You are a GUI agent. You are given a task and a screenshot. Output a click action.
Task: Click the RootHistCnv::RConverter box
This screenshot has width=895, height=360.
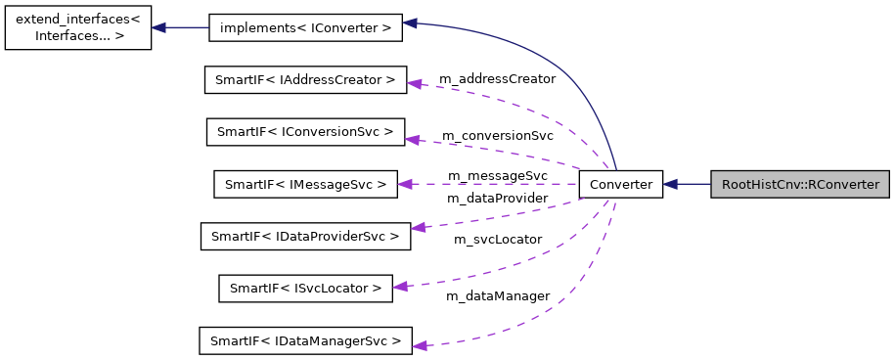pos(800,184)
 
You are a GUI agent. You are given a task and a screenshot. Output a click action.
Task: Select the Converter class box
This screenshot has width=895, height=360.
pos(621,184)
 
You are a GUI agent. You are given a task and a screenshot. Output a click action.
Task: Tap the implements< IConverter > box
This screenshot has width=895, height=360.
pos(305,28)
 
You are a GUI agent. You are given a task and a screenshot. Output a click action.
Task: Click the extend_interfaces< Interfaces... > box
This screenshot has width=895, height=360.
pos(77,27)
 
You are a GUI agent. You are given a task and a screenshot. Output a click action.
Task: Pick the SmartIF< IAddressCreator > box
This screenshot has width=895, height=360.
pos(305,79)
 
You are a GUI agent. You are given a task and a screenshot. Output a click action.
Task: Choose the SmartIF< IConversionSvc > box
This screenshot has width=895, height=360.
pos(305,131)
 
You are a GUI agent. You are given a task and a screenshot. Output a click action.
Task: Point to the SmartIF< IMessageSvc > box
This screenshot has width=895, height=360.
pos(305,184)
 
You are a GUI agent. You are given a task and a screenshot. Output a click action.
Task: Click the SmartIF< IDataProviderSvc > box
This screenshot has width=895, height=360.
pos(305,236)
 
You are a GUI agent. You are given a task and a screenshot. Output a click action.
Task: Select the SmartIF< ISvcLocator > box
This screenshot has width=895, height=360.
pos(305,288)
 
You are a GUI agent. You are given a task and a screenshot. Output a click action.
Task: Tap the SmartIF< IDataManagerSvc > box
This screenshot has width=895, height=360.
pos(305,340)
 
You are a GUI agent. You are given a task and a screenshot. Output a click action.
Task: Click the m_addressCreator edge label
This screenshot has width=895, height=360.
pos(497,78)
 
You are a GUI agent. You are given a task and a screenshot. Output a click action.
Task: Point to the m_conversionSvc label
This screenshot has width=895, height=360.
pos(497,135)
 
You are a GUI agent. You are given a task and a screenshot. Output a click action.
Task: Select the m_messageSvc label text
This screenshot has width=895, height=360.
pos(497,175)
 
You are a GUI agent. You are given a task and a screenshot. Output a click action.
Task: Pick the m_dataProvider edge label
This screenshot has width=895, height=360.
pos(497,199)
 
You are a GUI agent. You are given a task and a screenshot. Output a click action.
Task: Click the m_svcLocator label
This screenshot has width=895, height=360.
pos(497,239)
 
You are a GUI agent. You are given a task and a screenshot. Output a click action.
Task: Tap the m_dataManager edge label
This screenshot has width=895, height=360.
pos(497,295)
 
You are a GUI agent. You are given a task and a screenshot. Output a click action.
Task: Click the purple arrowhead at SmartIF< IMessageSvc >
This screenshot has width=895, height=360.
pos(405,184)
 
